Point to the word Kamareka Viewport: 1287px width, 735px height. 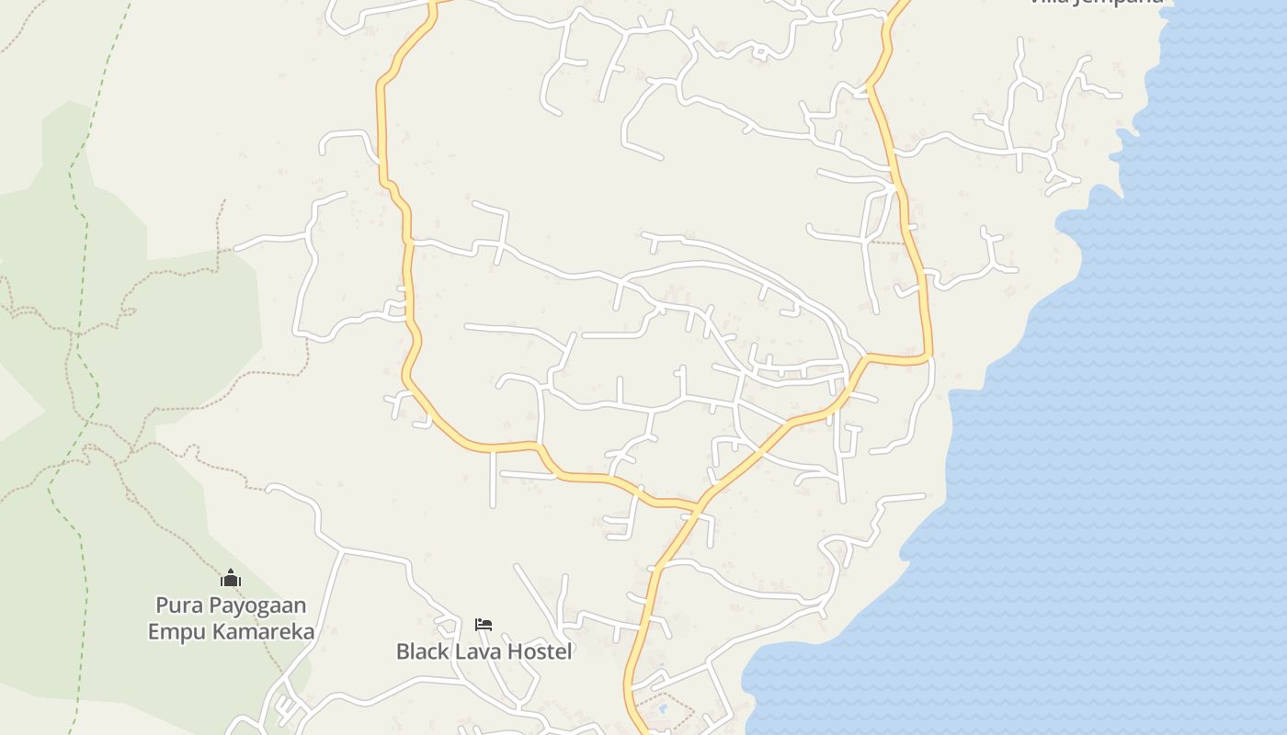pyautogui.click(x=264, y=632)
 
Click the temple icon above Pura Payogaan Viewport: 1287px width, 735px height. pyautogui.click(x=231, y=578)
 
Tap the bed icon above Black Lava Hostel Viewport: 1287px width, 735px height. pyautogui.click(x=484, y=625)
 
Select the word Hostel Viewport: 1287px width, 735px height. pyautogui.click(x=541, y=651)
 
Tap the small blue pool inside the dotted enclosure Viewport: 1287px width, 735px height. pyautogui.click(x=661, y=709)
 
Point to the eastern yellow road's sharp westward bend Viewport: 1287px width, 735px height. pyautogui.click(x=927, y=356)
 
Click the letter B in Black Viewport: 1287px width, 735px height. pyautogui.click(x=403, y=651)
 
